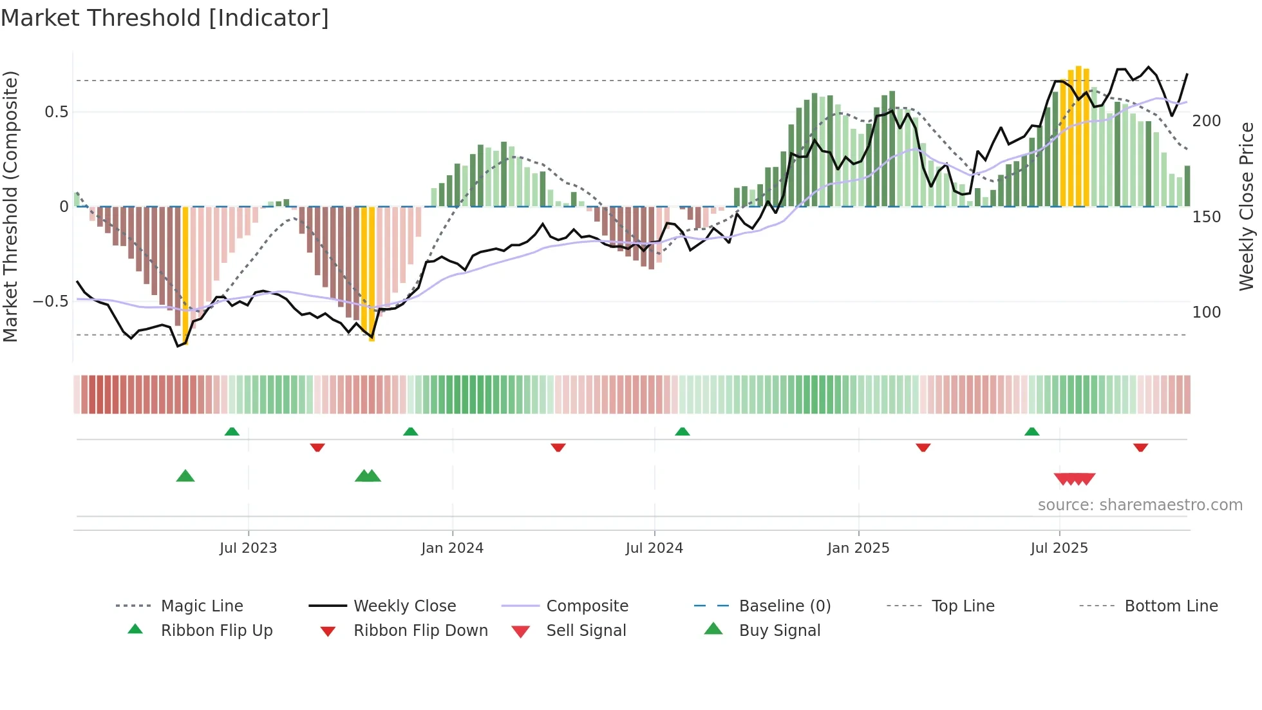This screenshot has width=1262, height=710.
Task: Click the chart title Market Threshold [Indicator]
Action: point(165,18)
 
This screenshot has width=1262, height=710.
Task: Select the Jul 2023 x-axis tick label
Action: point(248,548)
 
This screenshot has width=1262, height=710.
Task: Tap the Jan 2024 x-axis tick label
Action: point(452,548)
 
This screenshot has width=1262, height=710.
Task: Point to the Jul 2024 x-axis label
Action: point(654,548)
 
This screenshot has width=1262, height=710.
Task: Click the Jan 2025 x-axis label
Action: point(858,548)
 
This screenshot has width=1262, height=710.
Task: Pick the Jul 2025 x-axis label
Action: point(1059,548)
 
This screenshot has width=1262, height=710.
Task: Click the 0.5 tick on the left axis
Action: point(57,112)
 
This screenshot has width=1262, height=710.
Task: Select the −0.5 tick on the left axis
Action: point(51,302)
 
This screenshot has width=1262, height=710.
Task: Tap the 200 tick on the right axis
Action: point(1206,121)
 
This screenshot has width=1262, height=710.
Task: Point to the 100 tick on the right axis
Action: point(1206,312)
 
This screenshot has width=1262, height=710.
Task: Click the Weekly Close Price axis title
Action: point(1247,206)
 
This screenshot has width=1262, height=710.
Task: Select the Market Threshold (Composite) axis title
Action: point(10,206)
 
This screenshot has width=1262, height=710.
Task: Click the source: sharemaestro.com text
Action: point(1140,505)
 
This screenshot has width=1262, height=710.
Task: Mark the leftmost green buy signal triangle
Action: point(185,476)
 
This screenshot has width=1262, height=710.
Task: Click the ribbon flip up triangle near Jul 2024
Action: point(683,431)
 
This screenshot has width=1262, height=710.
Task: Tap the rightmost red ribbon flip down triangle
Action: point(1140,447)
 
